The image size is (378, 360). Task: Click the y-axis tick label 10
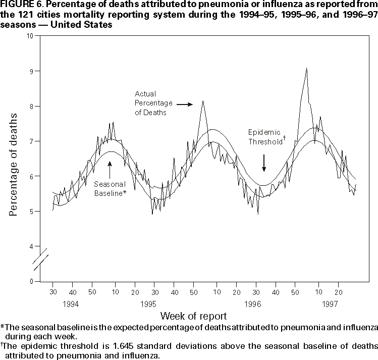30,36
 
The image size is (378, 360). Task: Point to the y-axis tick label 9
32,71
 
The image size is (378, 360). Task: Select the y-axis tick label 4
32,246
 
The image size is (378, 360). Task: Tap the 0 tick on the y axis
32,281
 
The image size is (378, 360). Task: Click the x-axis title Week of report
193,316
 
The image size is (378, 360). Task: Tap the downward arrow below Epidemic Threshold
263,164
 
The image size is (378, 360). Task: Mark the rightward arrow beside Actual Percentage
184,105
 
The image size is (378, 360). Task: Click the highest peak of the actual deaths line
306,68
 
